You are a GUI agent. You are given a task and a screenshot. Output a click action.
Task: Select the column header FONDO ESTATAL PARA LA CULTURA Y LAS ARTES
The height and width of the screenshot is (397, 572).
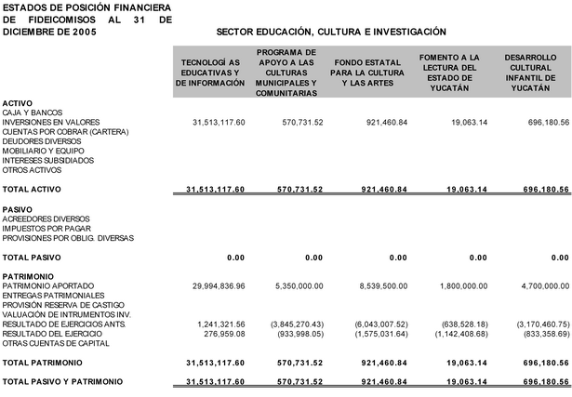(x=370, y=73)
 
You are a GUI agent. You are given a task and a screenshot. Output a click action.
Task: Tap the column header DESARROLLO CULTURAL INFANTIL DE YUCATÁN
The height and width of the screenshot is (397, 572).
(x=531, y=73)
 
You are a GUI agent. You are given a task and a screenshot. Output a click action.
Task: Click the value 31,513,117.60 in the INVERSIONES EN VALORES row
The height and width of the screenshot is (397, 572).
(x=218, y=123)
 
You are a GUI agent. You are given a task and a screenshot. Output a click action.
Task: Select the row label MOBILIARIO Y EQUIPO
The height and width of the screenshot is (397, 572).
(x=44, y=151)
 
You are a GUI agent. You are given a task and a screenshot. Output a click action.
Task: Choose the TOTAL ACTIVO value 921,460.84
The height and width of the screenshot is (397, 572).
(x=381, y=190)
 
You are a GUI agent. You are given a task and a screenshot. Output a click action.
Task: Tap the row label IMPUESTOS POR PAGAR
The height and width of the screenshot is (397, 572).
(x=47, y=228)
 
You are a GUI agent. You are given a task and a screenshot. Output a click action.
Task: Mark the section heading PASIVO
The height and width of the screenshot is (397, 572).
(x=18, y=209)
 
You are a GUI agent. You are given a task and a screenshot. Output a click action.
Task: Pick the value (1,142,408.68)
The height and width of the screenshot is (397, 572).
(x=456, y=333)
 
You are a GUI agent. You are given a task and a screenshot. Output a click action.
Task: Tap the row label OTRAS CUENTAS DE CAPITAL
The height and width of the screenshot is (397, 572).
(x=55, y=342)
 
